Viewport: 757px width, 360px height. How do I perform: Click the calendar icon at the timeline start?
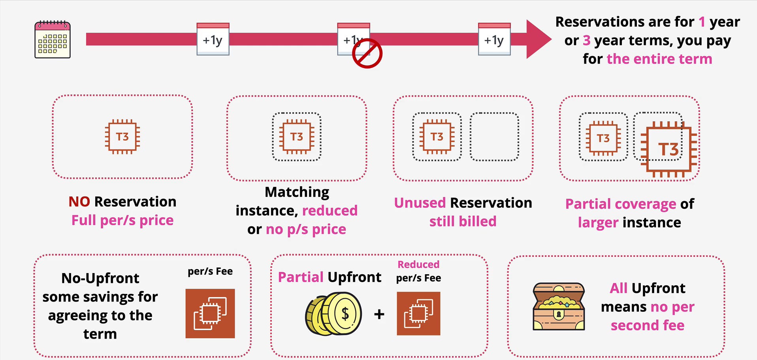pos(53,40)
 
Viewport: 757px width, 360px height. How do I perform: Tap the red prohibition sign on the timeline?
pos(367,53)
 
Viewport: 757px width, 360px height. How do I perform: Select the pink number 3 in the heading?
pos(586,40)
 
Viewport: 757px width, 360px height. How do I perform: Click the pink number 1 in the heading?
pos(701,22)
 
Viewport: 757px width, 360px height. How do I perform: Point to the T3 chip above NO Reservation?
pos(122,137)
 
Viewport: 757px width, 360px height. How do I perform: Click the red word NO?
pos(79,202)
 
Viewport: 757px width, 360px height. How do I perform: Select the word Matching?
pos(297,192)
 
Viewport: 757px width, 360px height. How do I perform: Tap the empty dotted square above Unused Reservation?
pos(494,137)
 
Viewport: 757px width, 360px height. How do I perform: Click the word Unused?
pos(420,203)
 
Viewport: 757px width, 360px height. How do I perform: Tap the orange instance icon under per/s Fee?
pos(210,313)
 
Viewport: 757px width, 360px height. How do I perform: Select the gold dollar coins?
pos(334,314)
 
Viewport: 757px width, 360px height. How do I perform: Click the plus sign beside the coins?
pos(379,314)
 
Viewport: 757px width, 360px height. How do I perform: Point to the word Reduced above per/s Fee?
pos(418,264)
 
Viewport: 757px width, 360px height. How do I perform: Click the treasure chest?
pos(558,306)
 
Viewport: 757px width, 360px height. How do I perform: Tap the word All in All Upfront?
pos(618,288)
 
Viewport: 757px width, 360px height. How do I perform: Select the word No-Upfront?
pos(100,278)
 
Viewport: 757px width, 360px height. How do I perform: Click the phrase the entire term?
pos(659,59)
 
